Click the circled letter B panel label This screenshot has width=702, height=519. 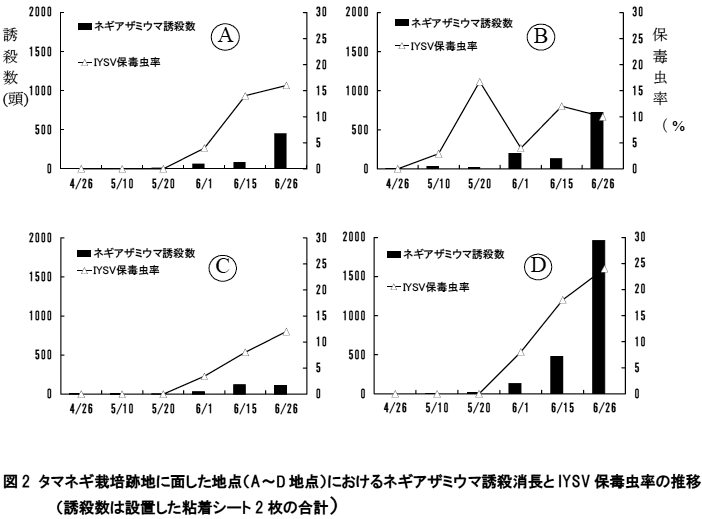(542, 37)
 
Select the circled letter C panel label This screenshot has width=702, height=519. (222, 266)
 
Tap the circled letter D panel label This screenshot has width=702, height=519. (540, 266)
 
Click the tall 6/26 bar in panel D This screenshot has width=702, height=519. (598, 317)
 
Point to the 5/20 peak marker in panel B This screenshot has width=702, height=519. (480, 82)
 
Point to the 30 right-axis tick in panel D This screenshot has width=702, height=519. (626, 238)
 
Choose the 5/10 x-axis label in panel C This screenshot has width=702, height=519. (122, 408)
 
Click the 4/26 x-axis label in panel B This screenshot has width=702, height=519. (397, 183)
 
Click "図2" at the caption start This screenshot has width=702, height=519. (19, 482)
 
